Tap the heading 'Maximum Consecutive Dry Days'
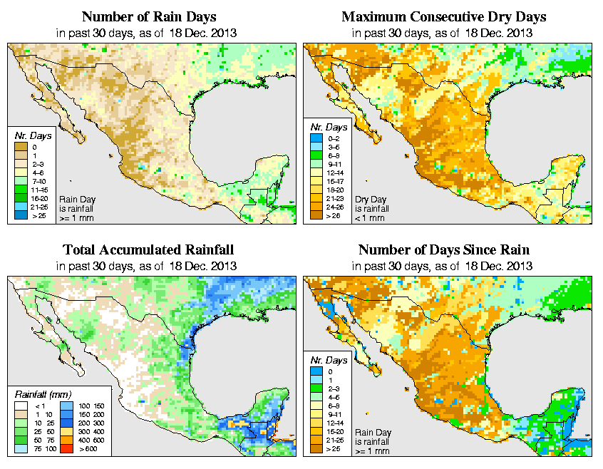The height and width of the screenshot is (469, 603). (x=444, y=16)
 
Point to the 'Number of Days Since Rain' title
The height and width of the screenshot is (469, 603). (x=444, y=250)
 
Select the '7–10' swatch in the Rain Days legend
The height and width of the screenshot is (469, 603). (x=19, y=182)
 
